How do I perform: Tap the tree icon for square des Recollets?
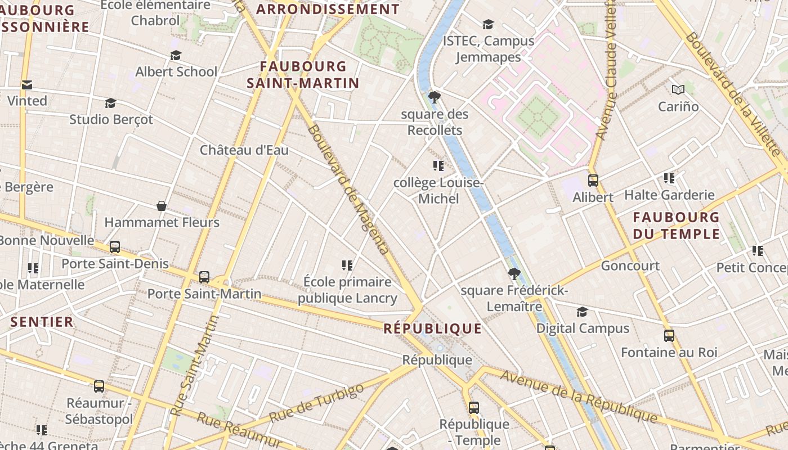tap(434, 97)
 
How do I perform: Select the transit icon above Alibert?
tap(593, 181)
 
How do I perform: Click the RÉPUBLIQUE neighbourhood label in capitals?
tap(432, 328)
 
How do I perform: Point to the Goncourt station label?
tap(630, 265)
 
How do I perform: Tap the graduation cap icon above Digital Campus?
tap(582, 312)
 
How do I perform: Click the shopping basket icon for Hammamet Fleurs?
tap(162, 206)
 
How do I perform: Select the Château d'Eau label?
tap(244, 150)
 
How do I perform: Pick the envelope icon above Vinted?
tap(26, 85)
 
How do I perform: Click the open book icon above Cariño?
tap(678, 89)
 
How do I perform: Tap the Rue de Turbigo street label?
tap(317, 403)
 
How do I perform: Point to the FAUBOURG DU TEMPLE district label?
tap(676, 225)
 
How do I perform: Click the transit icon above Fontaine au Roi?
tap(669, 336)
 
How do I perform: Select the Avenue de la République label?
tap(579, 397)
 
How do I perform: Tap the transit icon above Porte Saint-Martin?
tap(204, 277)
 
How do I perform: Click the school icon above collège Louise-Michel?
tap(438, 166)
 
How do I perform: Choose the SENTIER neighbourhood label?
tap(42, 322)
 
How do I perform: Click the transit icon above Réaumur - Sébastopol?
tap(99, 386)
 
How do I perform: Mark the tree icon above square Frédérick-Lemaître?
tap(513, 274)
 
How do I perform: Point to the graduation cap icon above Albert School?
tap(176, 55)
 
